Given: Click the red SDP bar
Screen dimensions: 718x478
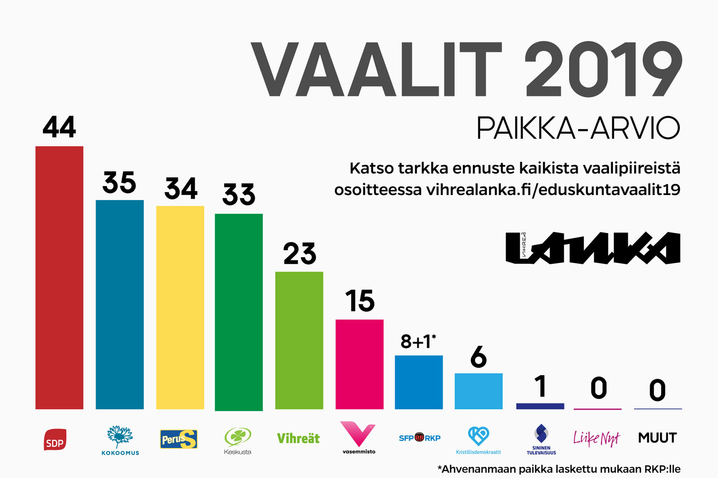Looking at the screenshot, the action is tap(59, 278).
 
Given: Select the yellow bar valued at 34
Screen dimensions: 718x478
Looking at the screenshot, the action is tap(180, 307).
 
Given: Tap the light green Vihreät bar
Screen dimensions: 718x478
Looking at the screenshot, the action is tap(299, 340).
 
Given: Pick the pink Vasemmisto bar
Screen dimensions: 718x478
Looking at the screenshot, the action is tap(359, 364).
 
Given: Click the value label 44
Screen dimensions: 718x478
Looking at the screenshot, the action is tap(59, 127).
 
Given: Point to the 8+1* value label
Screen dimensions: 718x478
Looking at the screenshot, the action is tap(418, 341).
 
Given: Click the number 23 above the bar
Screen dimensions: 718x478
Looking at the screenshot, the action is tap(299, 253).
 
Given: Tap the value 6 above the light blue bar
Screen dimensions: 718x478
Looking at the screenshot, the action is tap(478, 357).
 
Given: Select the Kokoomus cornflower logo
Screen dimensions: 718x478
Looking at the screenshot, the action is tap(120, 440).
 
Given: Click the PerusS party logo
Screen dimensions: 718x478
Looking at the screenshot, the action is tap(179, 439).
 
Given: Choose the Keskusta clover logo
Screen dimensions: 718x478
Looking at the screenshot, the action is tap(237, 440).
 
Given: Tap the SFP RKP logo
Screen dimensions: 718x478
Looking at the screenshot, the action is tap(420, 438).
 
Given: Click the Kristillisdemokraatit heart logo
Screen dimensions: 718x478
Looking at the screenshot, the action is tap(478, 440).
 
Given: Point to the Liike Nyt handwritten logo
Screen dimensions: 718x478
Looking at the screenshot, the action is tap(597, 438).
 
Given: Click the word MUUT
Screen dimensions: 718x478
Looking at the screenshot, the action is tap(657, 438).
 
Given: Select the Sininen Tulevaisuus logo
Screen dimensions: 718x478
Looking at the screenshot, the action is tap(541, 439).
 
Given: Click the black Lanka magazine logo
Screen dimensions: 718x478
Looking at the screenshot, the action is tap(593, 248).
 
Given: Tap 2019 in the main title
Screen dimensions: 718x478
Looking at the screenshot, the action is tap(603, 69).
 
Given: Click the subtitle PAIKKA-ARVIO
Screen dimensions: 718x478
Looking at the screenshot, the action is tap(578, 128).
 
